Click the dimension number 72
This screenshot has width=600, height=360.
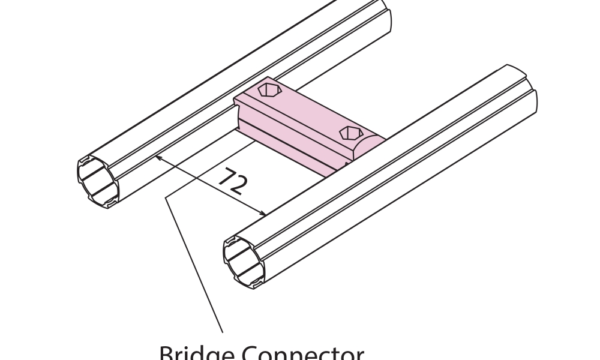(x=231, y=181)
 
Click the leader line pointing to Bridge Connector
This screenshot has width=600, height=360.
(x=192, y=258)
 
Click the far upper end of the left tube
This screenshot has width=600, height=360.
(x=384, y=15)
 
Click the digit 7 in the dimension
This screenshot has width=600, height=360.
(x=224, y=176)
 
